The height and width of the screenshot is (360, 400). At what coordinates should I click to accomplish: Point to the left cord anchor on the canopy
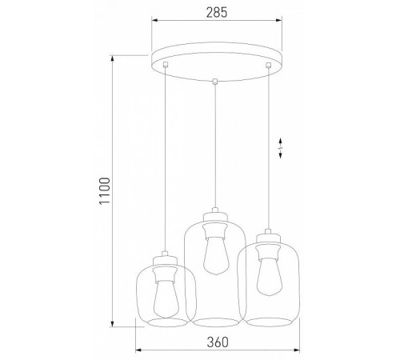coord(165,65)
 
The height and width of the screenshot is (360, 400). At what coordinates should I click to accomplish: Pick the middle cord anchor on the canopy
coord(214,80)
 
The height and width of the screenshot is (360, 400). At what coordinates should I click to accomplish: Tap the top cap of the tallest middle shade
coord(214,216)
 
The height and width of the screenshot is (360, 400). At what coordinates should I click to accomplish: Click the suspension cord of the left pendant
coord(165,160)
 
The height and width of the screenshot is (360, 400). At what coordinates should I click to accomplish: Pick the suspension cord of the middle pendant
coord(214,144)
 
